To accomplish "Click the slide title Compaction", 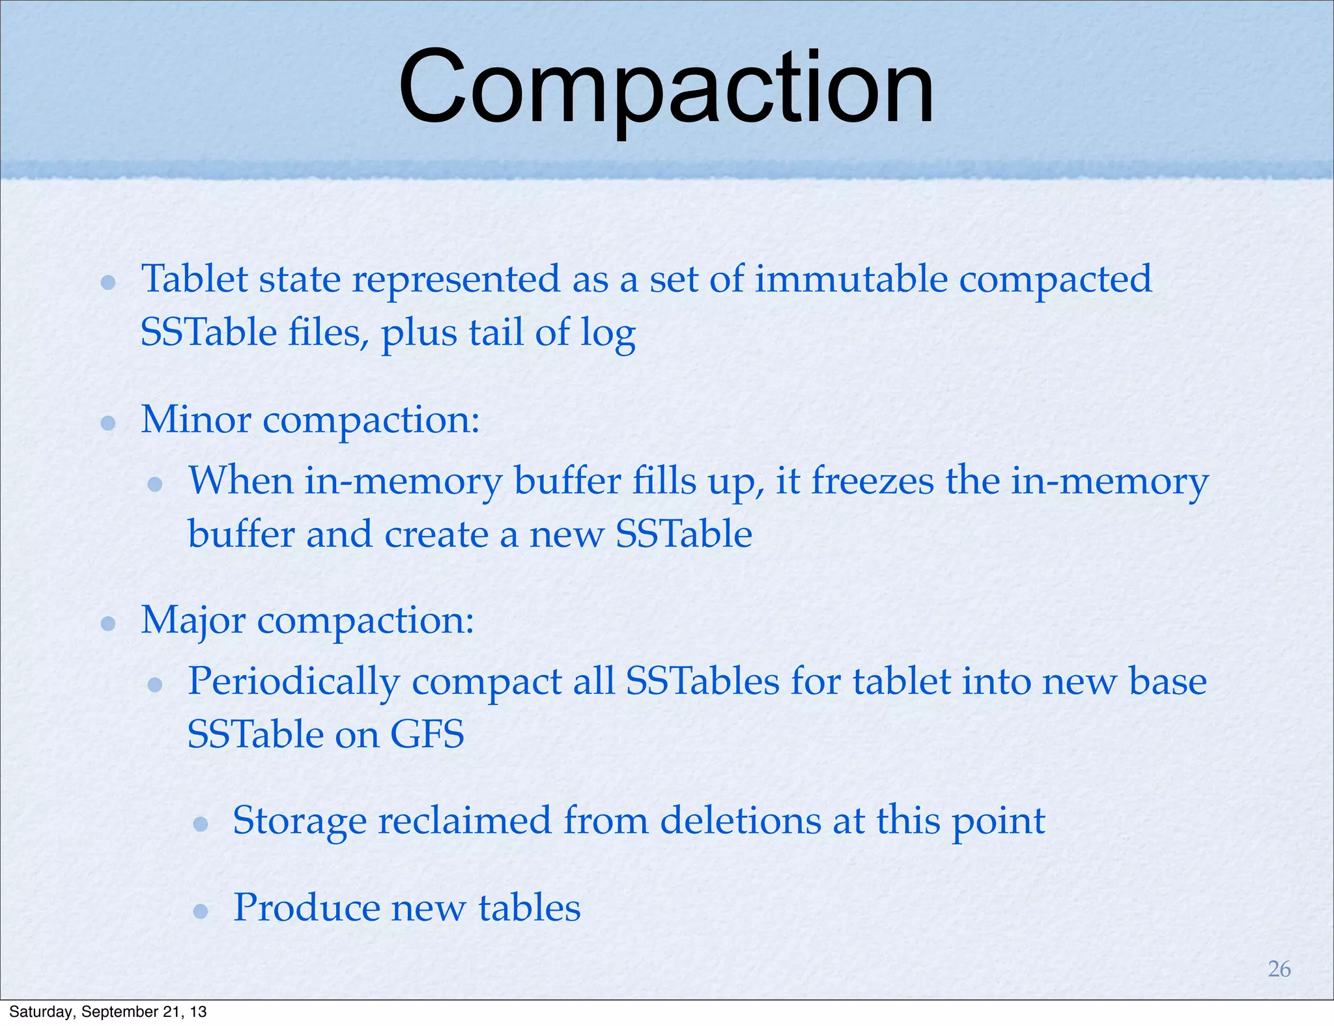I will coord(666,88).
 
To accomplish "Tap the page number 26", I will coord(1279,969).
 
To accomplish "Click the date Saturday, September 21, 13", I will coord(108,1012).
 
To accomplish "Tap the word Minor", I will coord(195,419).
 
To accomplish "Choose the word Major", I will coord(193,620).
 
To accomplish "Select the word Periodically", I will coord(293,682).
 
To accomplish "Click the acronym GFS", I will coord(427,734).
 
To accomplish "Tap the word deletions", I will coord(741,820).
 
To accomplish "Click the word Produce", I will coord(306,908).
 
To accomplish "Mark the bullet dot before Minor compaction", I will coord(108,424).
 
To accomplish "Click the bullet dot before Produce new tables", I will coord(201,911).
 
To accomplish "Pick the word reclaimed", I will coord(465,820).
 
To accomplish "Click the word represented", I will coord(456,280).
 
